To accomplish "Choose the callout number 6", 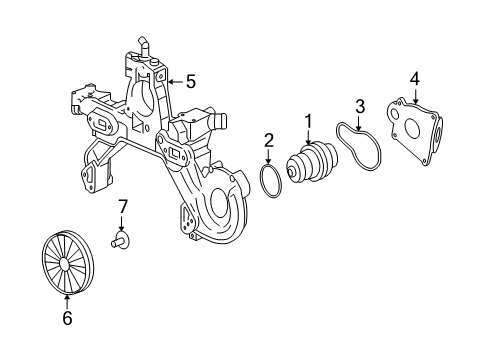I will [x=68, y=319].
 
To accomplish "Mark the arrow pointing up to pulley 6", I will [x=68, y=301].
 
